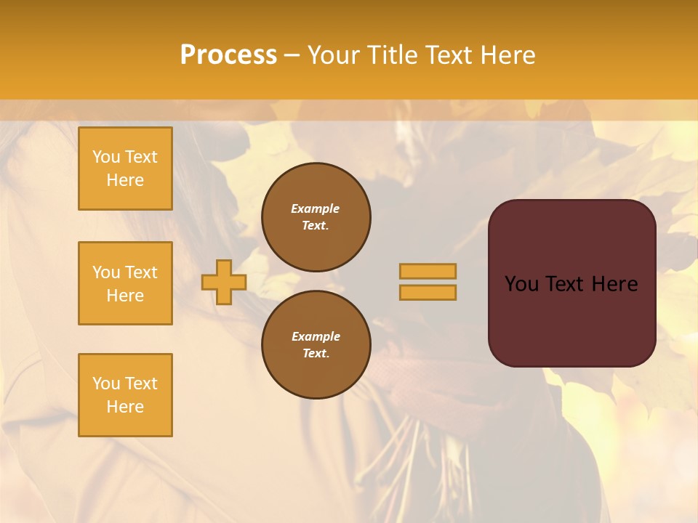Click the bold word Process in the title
point(228,55)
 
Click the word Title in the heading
point(390,55)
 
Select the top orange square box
point(125,169)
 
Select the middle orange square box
point(125,283)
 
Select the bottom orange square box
point(125,395)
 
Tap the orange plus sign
point(224,282)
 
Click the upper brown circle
point(316,217)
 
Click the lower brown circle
point(316,345)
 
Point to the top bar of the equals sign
point(428,271)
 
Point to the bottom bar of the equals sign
point(428,293)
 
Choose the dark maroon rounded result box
point(571,283)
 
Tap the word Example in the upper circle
point(316,208)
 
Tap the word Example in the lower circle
point(316,336)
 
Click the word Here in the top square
point(125,180)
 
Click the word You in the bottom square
point(106,384)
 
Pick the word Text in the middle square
point(140,272)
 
